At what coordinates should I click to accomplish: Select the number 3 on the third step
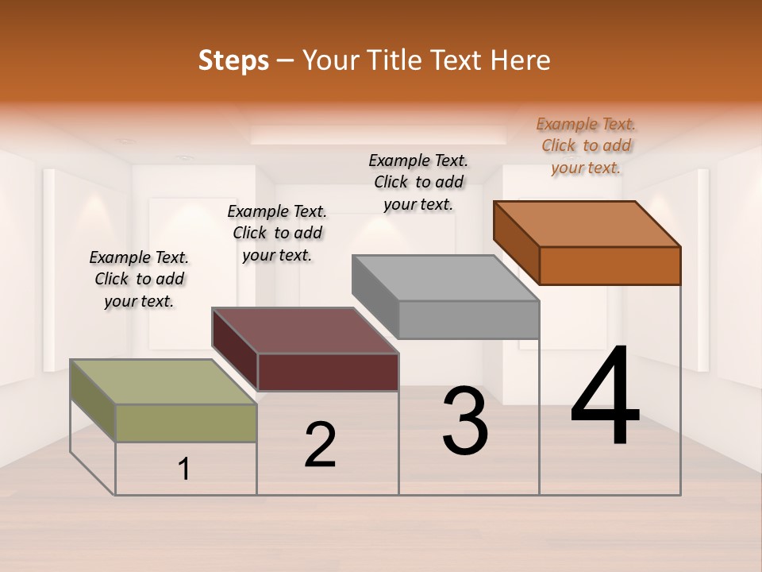465,421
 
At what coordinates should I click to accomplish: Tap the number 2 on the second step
320,445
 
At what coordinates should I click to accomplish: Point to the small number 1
184,470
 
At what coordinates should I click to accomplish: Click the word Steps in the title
233,60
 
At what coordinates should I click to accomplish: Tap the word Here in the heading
521,60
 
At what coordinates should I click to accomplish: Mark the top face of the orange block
587,223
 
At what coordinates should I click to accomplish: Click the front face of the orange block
610,265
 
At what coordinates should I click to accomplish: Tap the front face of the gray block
468,320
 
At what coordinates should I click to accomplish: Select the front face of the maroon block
328,372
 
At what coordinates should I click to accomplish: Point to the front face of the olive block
186,423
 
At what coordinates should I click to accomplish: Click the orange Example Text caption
586,145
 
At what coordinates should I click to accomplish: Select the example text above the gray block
418,182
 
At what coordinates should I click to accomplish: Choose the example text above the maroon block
277,233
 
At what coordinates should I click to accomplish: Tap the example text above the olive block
139,279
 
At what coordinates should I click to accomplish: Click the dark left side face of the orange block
516,243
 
